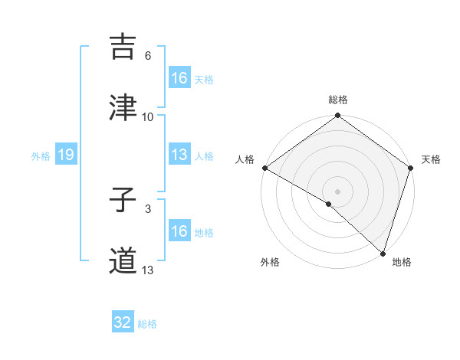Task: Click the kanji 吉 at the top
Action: tap(123, 47)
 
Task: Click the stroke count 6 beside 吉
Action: tap(148, 56)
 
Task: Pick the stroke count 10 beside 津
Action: tap(148, 116)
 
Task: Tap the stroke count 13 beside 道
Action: tap(148, 270)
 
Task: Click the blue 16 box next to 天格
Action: tap(179, 78)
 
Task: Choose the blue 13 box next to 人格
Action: tap(179, 155)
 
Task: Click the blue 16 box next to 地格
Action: tap(179, 231)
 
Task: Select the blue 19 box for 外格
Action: tap(66, 155)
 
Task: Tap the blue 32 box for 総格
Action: tap(123, 322)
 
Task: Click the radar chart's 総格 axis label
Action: tap(338, 100)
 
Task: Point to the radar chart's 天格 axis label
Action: tap(432, 159)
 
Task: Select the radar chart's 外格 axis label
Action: tap(270, 262)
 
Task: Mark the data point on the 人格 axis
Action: tap(264, 168)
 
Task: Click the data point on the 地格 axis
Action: tap(383, 252)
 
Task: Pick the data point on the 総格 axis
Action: tap(338, 116)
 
